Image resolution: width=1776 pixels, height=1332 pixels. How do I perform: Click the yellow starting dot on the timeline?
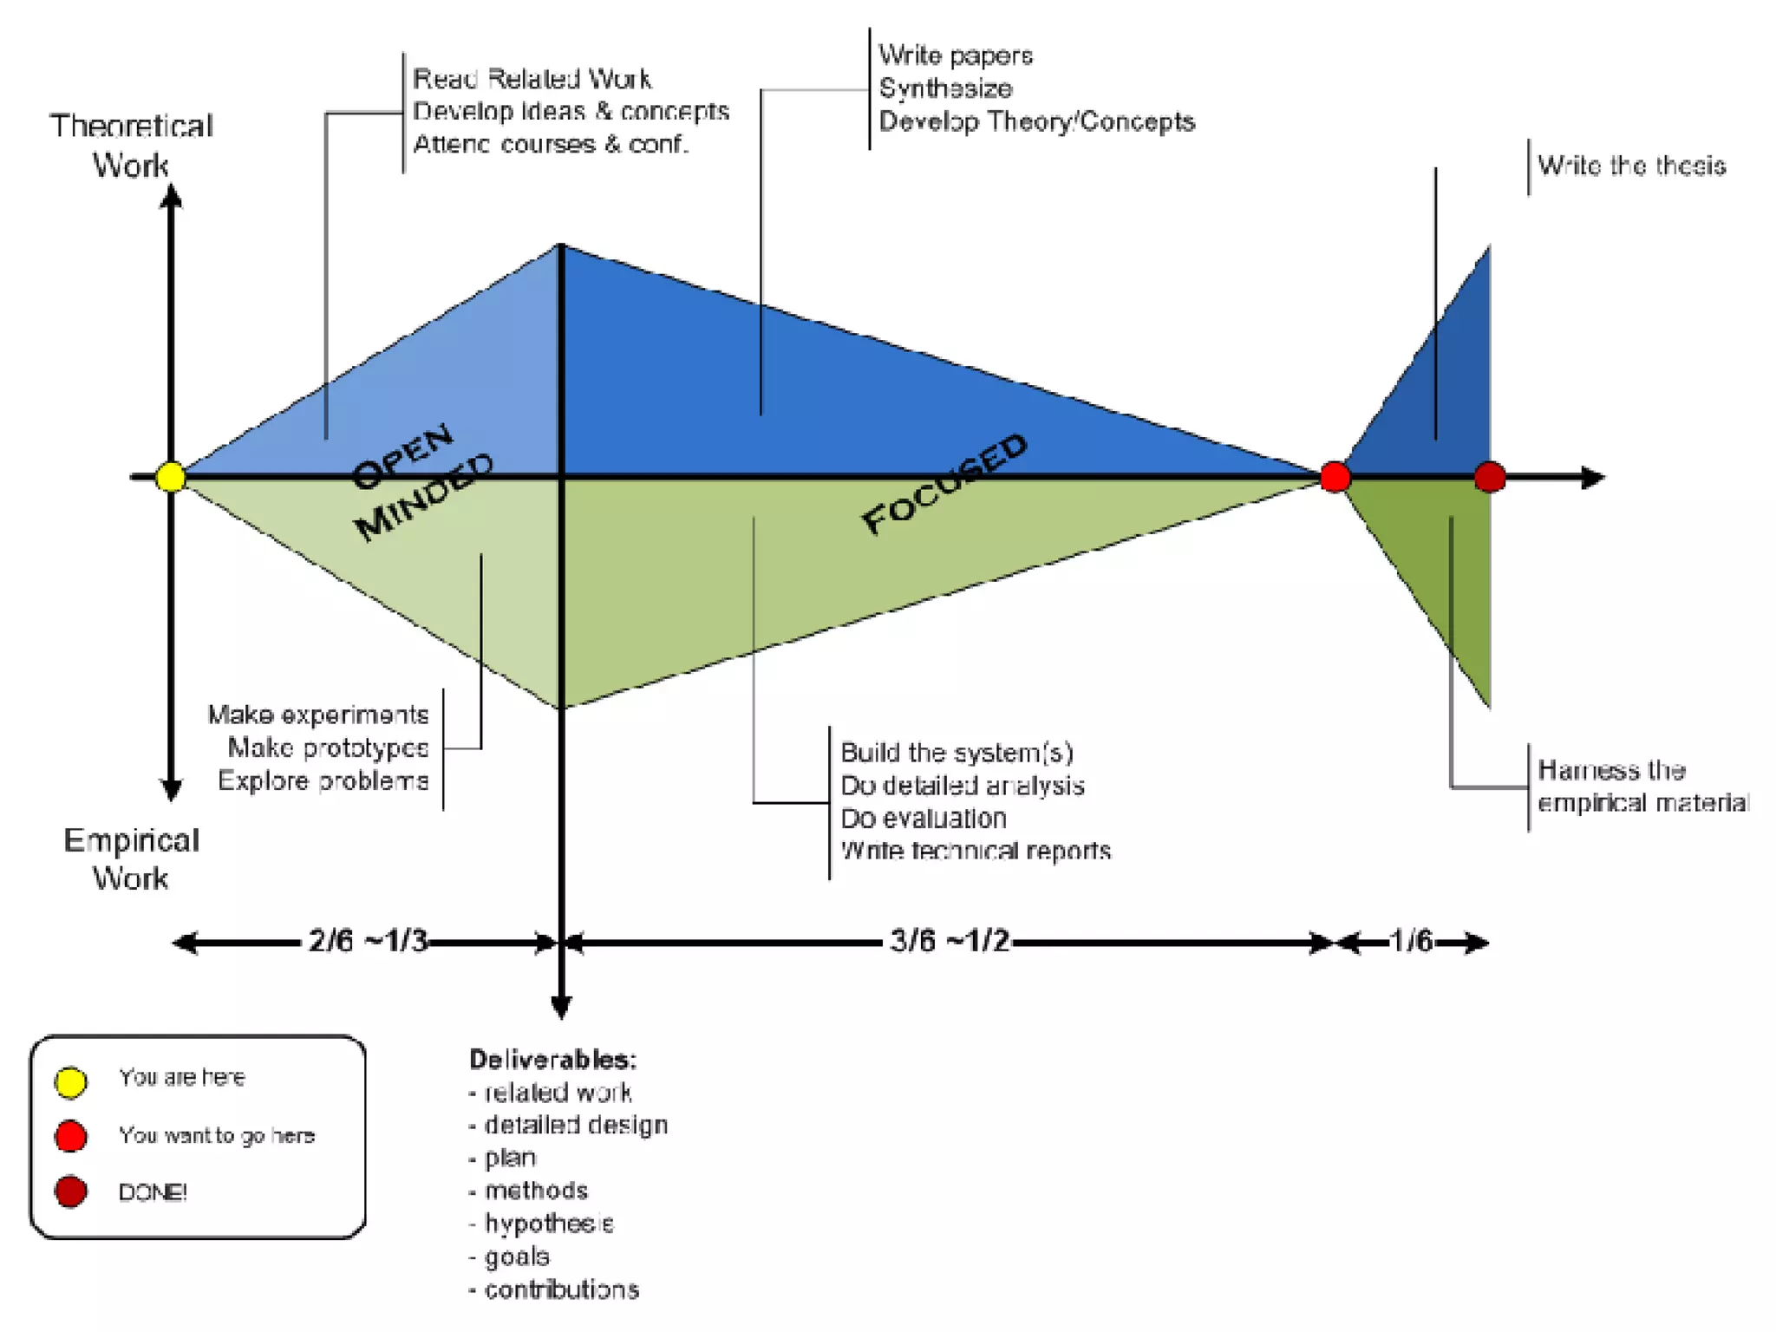pos(171,477)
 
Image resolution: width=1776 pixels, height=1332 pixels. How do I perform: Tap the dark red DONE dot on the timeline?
pos(1490,477)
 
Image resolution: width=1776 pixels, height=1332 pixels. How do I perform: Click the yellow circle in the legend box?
pos(71,1081)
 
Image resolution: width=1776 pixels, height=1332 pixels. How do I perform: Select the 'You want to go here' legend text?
pos(217,1135)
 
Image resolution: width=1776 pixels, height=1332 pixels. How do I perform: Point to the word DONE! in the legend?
pos(153,1192)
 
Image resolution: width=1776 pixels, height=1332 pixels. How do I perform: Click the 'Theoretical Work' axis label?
pos(131,145)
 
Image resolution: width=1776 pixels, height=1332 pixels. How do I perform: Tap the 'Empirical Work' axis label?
pos(131,859)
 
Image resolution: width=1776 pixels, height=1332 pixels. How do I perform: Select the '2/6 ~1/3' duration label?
pos(368,941)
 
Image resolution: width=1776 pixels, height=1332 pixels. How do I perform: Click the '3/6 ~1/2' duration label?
pos(950,941)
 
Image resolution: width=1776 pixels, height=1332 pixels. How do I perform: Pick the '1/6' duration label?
pos(1411,941)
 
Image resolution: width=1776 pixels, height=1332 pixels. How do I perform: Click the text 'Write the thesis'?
pos(1631,166)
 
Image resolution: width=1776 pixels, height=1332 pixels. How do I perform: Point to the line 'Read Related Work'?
pos(532,79)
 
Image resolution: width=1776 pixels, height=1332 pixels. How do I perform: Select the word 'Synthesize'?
pos(945,88)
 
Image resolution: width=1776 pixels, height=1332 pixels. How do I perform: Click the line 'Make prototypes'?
pos(328,748)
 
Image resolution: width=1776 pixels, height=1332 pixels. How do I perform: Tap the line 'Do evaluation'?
pos(924,818)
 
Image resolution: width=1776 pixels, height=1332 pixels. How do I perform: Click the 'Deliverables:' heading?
pos(553,1059)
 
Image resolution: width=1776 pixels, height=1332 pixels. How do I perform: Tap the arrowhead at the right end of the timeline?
pos(1594,477)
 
